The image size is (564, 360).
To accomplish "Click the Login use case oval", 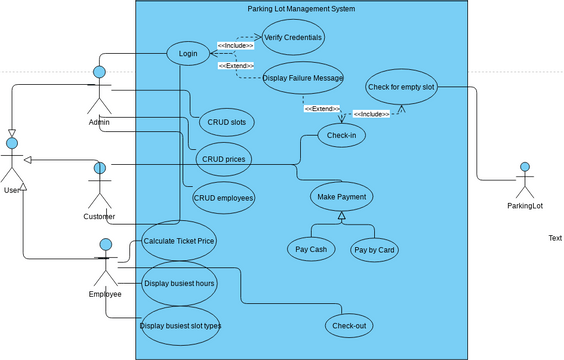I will coord(187,53).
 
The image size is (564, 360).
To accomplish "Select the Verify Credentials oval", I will coord(293,37).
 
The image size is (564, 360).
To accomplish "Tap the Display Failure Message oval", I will coord(303,79).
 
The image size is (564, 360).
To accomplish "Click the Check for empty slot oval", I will coord(401,87).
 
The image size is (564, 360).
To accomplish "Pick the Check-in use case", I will coord(343,136).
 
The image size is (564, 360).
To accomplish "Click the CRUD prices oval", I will coord(224,159).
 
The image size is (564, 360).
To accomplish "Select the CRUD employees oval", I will coord(224,197).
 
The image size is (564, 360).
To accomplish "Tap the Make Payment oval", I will coord(341,196).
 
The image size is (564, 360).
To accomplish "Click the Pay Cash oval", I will coord(311,249).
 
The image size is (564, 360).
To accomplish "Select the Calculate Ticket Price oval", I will coord(179,241).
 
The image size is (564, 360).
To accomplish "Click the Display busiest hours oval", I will coord(179,283).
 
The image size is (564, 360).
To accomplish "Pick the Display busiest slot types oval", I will coord(180,326).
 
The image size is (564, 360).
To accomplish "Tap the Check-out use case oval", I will coord(348,325).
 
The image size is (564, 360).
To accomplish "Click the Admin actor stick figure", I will coord(99,92).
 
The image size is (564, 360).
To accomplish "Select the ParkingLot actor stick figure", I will coord(523,180).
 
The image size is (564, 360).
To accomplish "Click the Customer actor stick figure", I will coord(98,186).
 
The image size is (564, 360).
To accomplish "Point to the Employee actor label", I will coord(105,294).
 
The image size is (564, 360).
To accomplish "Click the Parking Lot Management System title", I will coord(301,9).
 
